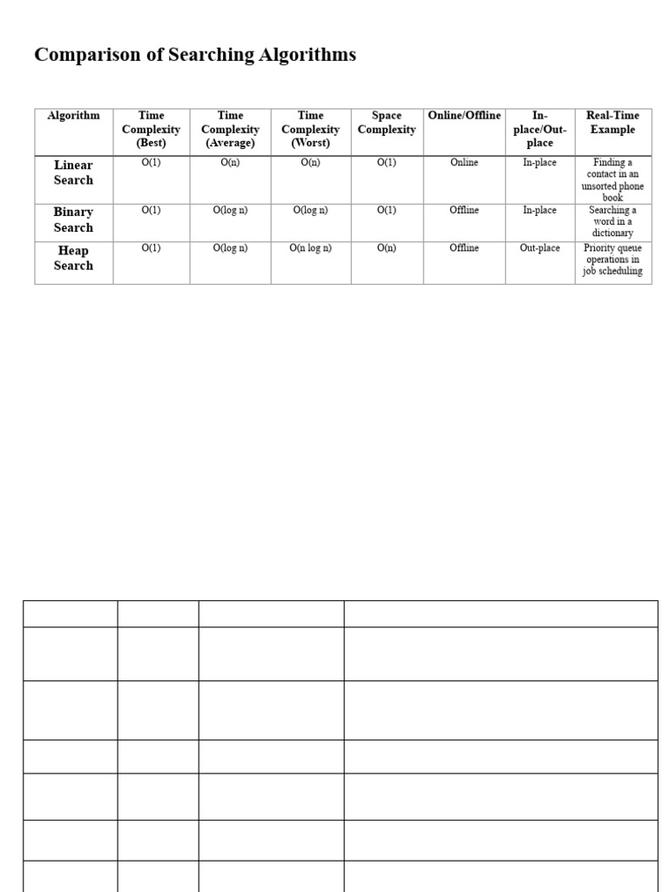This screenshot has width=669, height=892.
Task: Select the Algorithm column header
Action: (x=73, y=116)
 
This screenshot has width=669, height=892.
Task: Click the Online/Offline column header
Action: (x=464, y=116)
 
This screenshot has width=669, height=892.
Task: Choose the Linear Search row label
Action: (x=73, y=172)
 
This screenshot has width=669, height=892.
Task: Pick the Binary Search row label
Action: (x=73, y=220)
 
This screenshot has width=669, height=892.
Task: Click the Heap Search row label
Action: (x=73, y=258)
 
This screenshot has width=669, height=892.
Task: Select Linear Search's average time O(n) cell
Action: (x=230, y=163)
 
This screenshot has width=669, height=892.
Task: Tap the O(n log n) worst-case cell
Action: (x=310, y=248)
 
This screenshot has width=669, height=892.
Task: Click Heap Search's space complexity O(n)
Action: (x=387, y=248)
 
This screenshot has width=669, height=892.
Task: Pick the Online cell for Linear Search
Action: (x=464, y=163)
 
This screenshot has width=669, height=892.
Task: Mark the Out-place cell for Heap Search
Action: (x=540, y=248)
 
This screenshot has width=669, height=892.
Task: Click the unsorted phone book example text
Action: (x=613, y=179)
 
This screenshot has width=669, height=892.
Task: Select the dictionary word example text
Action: (x=613, y=221)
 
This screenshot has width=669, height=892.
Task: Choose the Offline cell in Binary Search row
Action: (x=464, y=210)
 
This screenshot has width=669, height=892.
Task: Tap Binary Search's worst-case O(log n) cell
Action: (x=310, y=210)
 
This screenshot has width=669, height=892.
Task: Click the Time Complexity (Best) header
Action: (x=151, y=129)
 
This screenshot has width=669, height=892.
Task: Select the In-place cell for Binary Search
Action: (x=540, y=210)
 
